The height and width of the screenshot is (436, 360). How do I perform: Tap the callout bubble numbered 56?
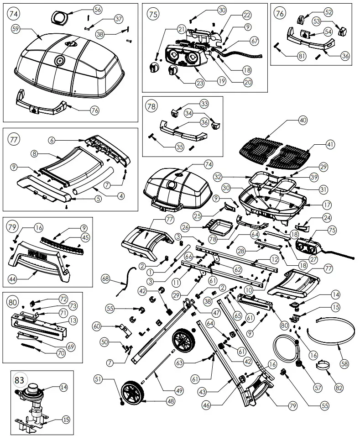click(x=98, y=9)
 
